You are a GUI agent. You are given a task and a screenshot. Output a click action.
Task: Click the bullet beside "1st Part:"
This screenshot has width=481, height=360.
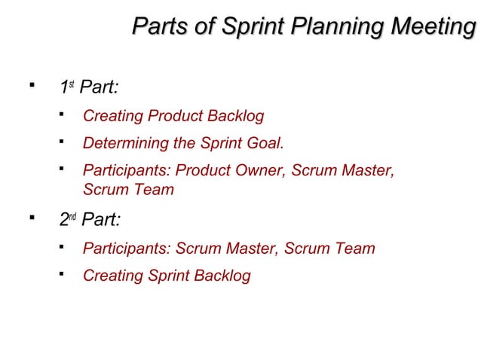tap(31, 87)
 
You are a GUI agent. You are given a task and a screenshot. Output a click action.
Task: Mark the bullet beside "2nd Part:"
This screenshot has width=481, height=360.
tap(31, 218)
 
